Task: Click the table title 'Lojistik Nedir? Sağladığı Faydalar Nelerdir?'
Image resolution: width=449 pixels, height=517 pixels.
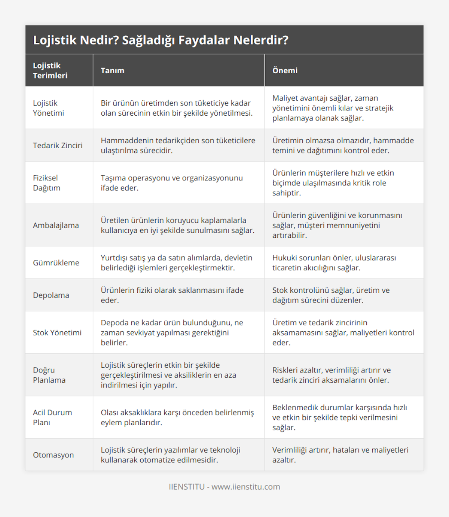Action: tap(161, 40)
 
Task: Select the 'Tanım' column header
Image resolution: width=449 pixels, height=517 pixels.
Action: tap(112, 71)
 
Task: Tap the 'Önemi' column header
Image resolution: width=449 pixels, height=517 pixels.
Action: tap(285, 71)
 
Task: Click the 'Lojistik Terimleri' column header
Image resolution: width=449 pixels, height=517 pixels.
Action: tap(50, 71)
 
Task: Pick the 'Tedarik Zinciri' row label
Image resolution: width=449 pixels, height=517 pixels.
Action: tap(58, 146)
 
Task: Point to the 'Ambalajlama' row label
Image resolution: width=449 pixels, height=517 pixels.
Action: tap(56, 225)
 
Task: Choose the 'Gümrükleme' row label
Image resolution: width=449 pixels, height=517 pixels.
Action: tap(56, 263)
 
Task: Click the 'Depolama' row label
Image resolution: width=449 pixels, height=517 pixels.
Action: tap(51, 295)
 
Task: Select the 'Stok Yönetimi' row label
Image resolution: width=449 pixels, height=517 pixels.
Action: tap(57, 333)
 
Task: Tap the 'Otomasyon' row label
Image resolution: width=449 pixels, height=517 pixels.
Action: tap(53, 455)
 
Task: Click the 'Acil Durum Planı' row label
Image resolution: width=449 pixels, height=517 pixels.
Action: tap(52, 417)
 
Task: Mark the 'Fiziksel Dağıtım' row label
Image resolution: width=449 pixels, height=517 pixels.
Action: tap(46, 183)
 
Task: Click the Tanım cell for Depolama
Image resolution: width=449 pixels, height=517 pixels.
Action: tap(172, 295)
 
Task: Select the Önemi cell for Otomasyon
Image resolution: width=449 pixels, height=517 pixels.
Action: tap(340, 455)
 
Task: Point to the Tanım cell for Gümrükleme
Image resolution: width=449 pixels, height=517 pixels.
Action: tap(176, 263)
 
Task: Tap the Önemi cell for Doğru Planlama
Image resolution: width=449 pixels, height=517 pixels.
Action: tap(331, 375)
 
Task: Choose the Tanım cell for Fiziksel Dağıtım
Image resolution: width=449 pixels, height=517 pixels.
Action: tap(172, 183)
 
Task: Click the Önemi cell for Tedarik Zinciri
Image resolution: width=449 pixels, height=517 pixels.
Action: tap(343, 146)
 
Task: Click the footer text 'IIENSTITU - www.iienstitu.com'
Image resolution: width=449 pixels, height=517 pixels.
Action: tap(224, 487)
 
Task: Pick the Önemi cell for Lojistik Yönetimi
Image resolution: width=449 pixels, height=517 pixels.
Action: tap(333, 108)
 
